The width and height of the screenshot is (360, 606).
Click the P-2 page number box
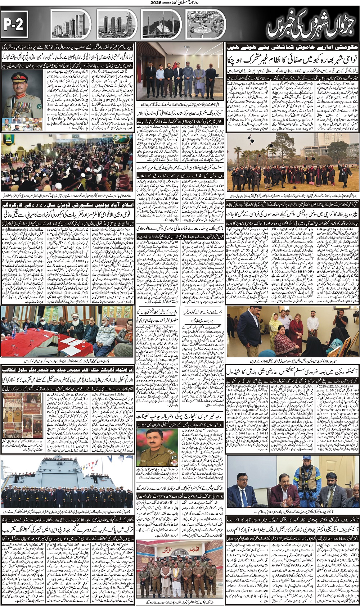pos(14,24)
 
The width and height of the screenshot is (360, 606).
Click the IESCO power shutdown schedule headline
pos(293,372)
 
